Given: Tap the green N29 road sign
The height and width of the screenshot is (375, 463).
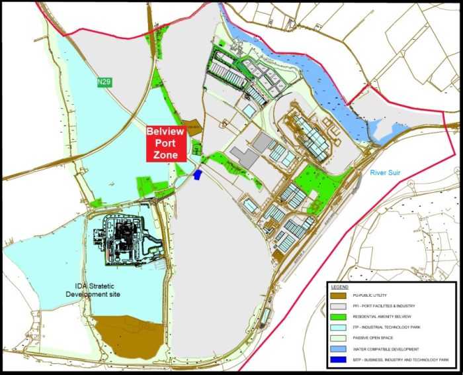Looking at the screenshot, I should coord(103,82).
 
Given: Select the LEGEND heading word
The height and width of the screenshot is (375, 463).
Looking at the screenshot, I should coord(341,286).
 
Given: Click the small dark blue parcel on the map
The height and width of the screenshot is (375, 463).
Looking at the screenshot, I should coord(198,174).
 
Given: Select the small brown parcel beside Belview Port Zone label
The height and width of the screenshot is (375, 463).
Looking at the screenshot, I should coord(193,128).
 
